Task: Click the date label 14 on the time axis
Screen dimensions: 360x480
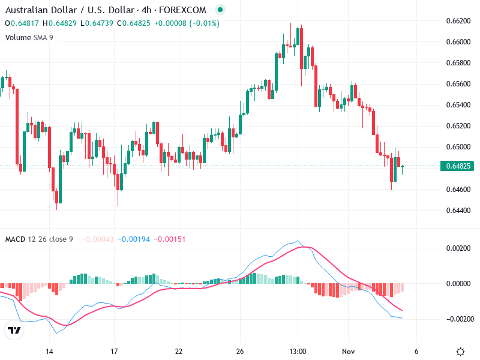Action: point(50,352)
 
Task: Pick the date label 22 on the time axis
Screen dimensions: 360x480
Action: point(178,352)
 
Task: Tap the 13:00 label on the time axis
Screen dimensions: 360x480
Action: point(298,352)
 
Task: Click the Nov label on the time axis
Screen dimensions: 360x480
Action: point(349,352)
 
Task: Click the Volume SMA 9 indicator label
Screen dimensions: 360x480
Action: point(29,37)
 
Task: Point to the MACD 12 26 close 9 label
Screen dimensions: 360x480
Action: point(39,239)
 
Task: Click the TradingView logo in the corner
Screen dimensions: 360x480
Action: point(14,331)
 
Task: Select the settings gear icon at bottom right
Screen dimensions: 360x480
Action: point(460,352)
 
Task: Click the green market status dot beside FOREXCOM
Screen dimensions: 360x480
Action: point(220,10)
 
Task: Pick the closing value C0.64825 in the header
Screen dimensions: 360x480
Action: point(134,23)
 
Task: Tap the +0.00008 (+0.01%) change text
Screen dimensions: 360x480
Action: point(187,23)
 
